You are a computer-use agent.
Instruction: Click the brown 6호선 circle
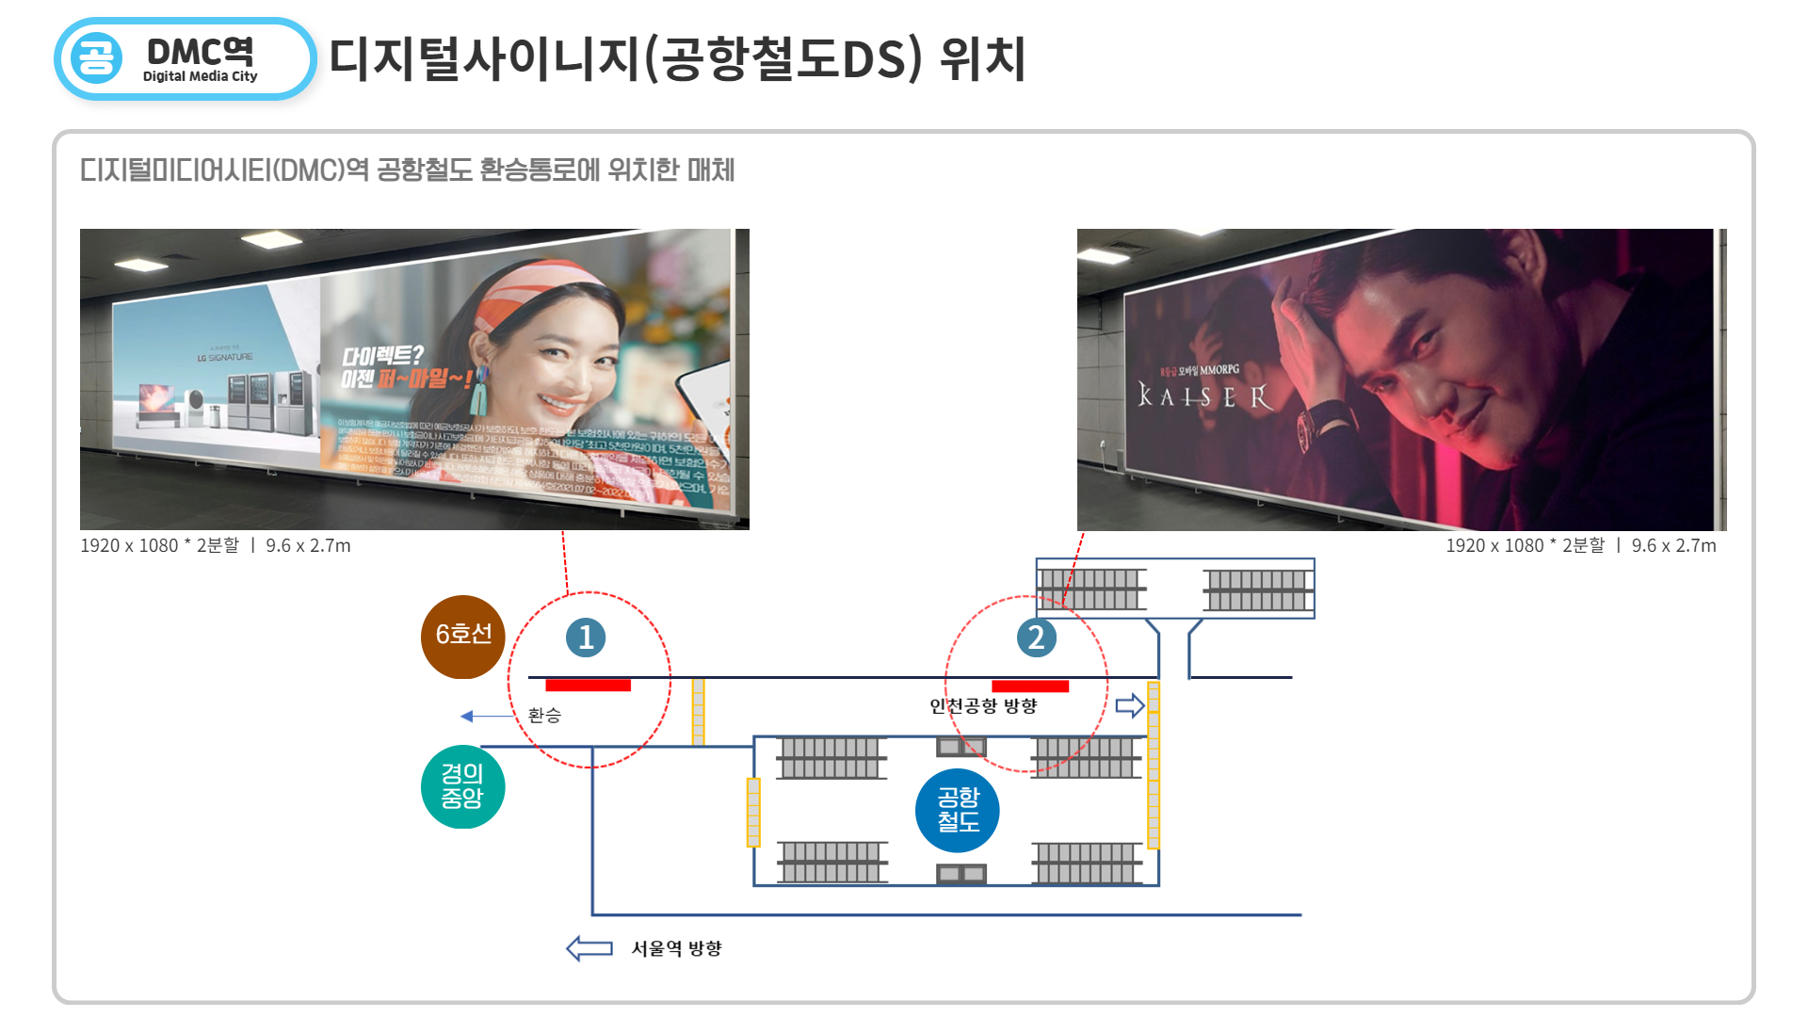click(x=462, y=637)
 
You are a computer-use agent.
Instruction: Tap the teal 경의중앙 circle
click(x=462, y=786)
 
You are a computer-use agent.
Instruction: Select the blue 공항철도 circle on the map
click(x=957, y=810)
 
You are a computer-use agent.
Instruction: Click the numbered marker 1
click(x=585, y=638)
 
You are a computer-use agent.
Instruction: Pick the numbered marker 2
click(x=1036, y=638)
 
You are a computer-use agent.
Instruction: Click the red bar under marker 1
click(x=588, y=685)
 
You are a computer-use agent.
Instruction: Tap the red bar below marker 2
click(x=1029, y=686)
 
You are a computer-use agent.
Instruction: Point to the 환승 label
click(x=544, y=716)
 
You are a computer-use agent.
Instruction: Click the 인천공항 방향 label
click(x=982, y=706)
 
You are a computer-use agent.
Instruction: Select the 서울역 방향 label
click(x=676, y=948)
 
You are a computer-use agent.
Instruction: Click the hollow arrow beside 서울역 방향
click(x=589, y=947)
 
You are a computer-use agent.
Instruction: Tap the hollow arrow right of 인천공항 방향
click(x=1129, y=705)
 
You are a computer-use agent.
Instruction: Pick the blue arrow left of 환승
click(x=485, y=717)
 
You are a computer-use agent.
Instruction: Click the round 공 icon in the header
click(x=96, y=58)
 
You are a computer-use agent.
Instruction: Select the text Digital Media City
click(x=200, y=76)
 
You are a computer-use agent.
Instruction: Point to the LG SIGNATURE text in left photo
click(x=225, y=358)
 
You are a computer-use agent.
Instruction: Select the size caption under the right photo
click(x=1580, y=545)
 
